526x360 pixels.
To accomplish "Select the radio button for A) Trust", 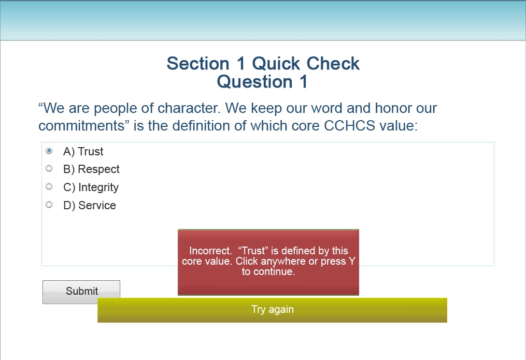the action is tap(49, 151).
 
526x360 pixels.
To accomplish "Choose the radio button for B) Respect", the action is tap(49, 168).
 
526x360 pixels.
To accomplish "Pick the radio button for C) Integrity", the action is tap(49, 186).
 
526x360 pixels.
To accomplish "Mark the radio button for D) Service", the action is tap(49, 205).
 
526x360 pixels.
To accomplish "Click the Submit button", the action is tap(81, 292).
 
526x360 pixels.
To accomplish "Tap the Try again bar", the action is tap(272, 310).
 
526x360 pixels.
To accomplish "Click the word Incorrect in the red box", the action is tap(210, 251).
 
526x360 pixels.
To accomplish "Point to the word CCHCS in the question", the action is tap(349, 126).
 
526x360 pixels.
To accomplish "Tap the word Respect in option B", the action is tap(98, 169).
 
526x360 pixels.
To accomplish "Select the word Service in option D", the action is tap(97, 206).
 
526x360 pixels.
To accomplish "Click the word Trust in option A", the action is tap(91, 151).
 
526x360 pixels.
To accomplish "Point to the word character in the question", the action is tap(189, 108).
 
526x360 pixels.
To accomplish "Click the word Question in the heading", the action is tap(254, 82).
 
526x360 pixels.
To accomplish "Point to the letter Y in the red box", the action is tap(352, 261).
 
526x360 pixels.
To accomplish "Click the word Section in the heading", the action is tap(198, 64).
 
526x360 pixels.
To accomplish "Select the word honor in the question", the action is tap(393, 108).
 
